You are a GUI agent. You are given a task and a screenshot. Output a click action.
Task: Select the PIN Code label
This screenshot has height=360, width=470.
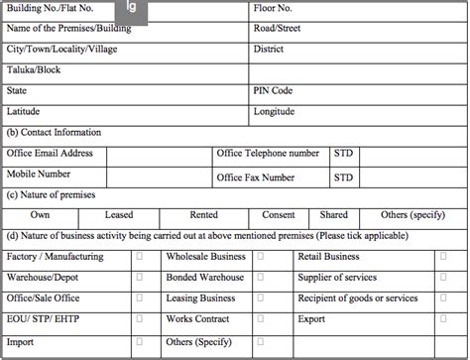point(275,90)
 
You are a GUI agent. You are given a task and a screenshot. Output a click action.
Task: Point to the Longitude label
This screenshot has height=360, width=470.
point(279,111)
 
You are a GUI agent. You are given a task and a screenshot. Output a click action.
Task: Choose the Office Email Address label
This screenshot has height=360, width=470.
point(51,154)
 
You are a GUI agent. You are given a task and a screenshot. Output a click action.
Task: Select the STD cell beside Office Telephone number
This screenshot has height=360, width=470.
point(343,154)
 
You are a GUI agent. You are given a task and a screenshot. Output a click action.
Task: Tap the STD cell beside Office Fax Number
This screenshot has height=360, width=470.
point(343,178)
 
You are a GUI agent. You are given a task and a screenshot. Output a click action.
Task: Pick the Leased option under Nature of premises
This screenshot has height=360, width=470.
point(119,215)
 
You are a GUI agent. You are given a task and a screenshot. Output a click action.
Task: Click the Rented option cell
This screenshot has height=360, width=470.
point(204,215)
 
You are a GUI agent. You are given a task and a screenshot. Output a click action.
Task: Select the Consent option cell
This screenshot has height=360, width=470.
point(279,215)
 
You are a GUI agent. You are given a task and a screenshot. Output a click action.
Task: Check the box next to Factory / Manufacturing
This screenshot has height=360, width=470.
point(139,257)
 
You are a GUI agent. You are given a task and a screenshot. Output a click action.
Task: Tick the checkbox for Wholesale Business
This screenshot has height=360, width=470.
point(260,257)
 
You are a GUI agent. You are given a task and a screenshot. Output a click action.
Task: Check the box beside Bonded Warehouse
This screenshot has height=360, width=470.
point(260,278)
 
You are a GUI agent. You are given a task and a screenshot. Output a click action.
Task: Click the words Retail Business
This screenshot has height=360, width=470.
point(328,257)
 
